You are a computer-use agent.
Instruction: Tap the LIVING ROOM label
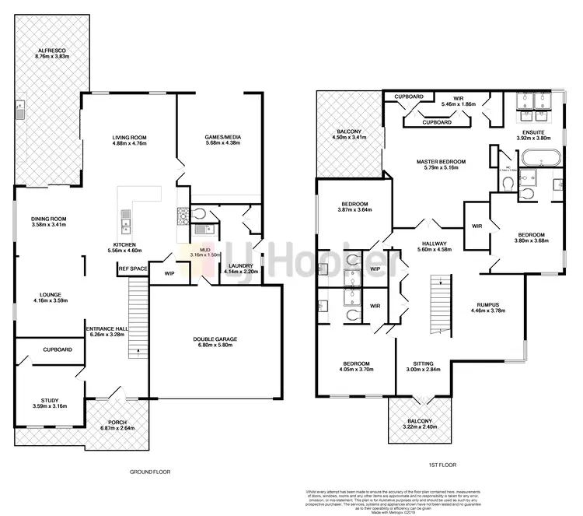pyautogui.click(x=130, y=137)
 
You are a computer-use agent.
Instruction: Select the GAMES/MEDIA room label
pyautogui.click(x=223, y=137)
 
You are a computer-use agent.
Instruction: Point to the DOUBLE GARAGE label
pyautogui.click(x=215, y=339)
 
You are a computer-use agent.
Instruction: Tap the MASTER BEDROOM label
pyautogui.click(x=440, y=161)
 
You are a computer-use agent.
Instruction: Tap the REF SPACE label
pyautogui.click(x=133, y=269)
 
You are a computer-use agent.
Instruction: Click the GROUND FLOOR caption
pyautogui.click(x=150, y=472)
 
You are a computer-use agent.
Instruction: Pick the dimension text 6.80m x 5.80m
pyautogui.click(x=215, y=346)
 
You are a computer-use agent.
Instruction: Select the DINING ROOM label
pyautogui.click(x=48, y=219)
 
